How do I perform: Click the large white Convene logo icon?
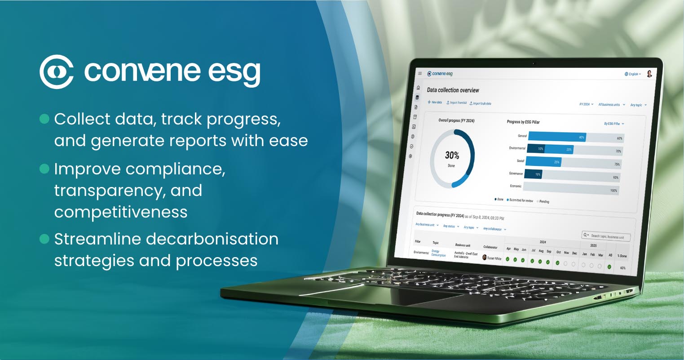[57, 71]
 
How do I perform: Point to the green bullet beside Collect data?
[44, 119]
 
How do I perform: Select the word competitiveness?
[120, 212]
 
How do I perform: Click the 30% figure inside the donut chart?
[452, 156]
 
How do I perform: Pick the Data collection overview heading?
[453, 90]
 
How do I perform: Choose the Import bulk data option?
[481, 103]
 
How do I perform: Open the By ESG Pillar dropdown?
[613, 124]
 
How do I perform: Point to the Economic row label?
[515, 186]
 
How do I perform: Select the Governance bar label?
[516, 173]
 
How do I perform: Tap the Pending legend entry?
[543, 201]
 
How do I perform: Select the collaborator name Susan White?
[494, 258]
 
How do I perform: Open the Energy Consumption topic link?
[438, 253]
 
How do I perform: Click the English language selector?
[632, 74]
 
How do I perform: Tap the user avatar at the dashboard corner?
[649, 74]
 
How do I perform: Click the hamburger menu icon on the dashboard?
[420, 73]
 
